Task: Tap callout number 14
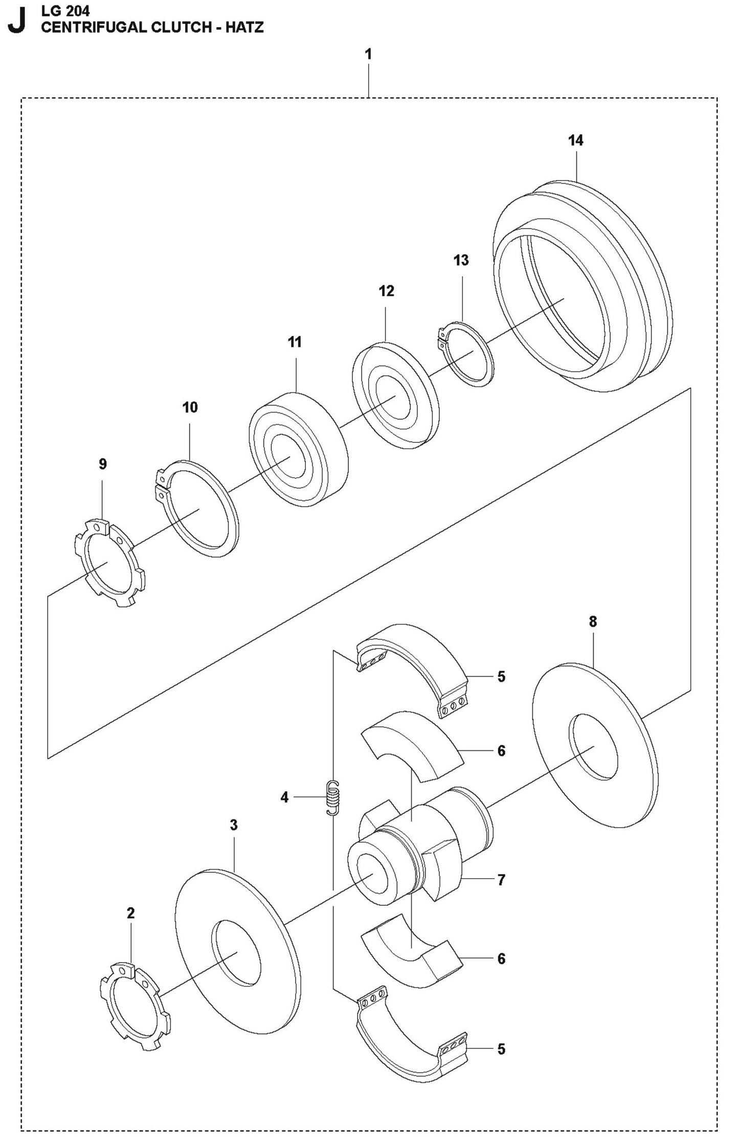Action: tap(575, 140)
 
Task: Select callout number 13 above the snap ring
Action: tap(461, 260)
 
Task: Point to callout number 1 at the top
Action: tap(368, 54)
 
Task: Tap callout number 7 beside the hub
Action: tap(501, 880)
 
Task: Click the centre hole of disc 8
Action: tap(594, 747)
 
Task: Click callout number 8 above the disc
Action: tap(593, 622)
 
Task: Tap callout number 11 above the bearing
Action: tap(295, 342)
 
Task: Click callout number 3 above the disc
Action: tap(234, 825)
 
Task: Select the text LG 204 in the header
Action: tap(65, 10)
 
